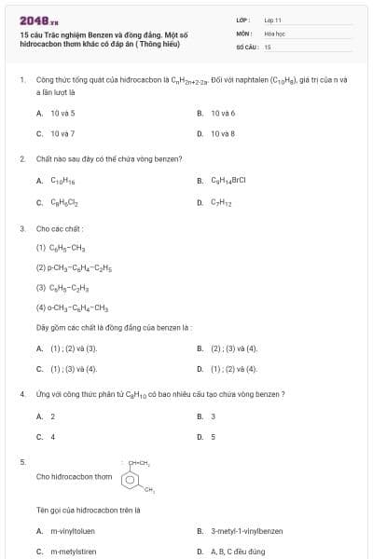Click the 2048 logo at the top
(33, 20)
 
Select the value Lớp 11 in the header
(272, 19)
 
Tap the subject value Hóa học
(273, 32)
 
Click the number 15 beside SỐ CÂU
(268, 46)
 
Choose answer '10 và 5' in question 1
(62, 113)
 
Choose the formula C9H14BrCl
(228, 181)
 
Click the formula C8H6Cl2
(62, 201)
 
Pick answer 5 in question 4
(214, 436)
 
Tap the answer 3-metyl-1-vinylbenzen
(246, 531)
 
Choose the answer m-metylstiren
(72, 551)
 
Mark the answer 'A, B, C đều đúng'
(238, 551)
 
